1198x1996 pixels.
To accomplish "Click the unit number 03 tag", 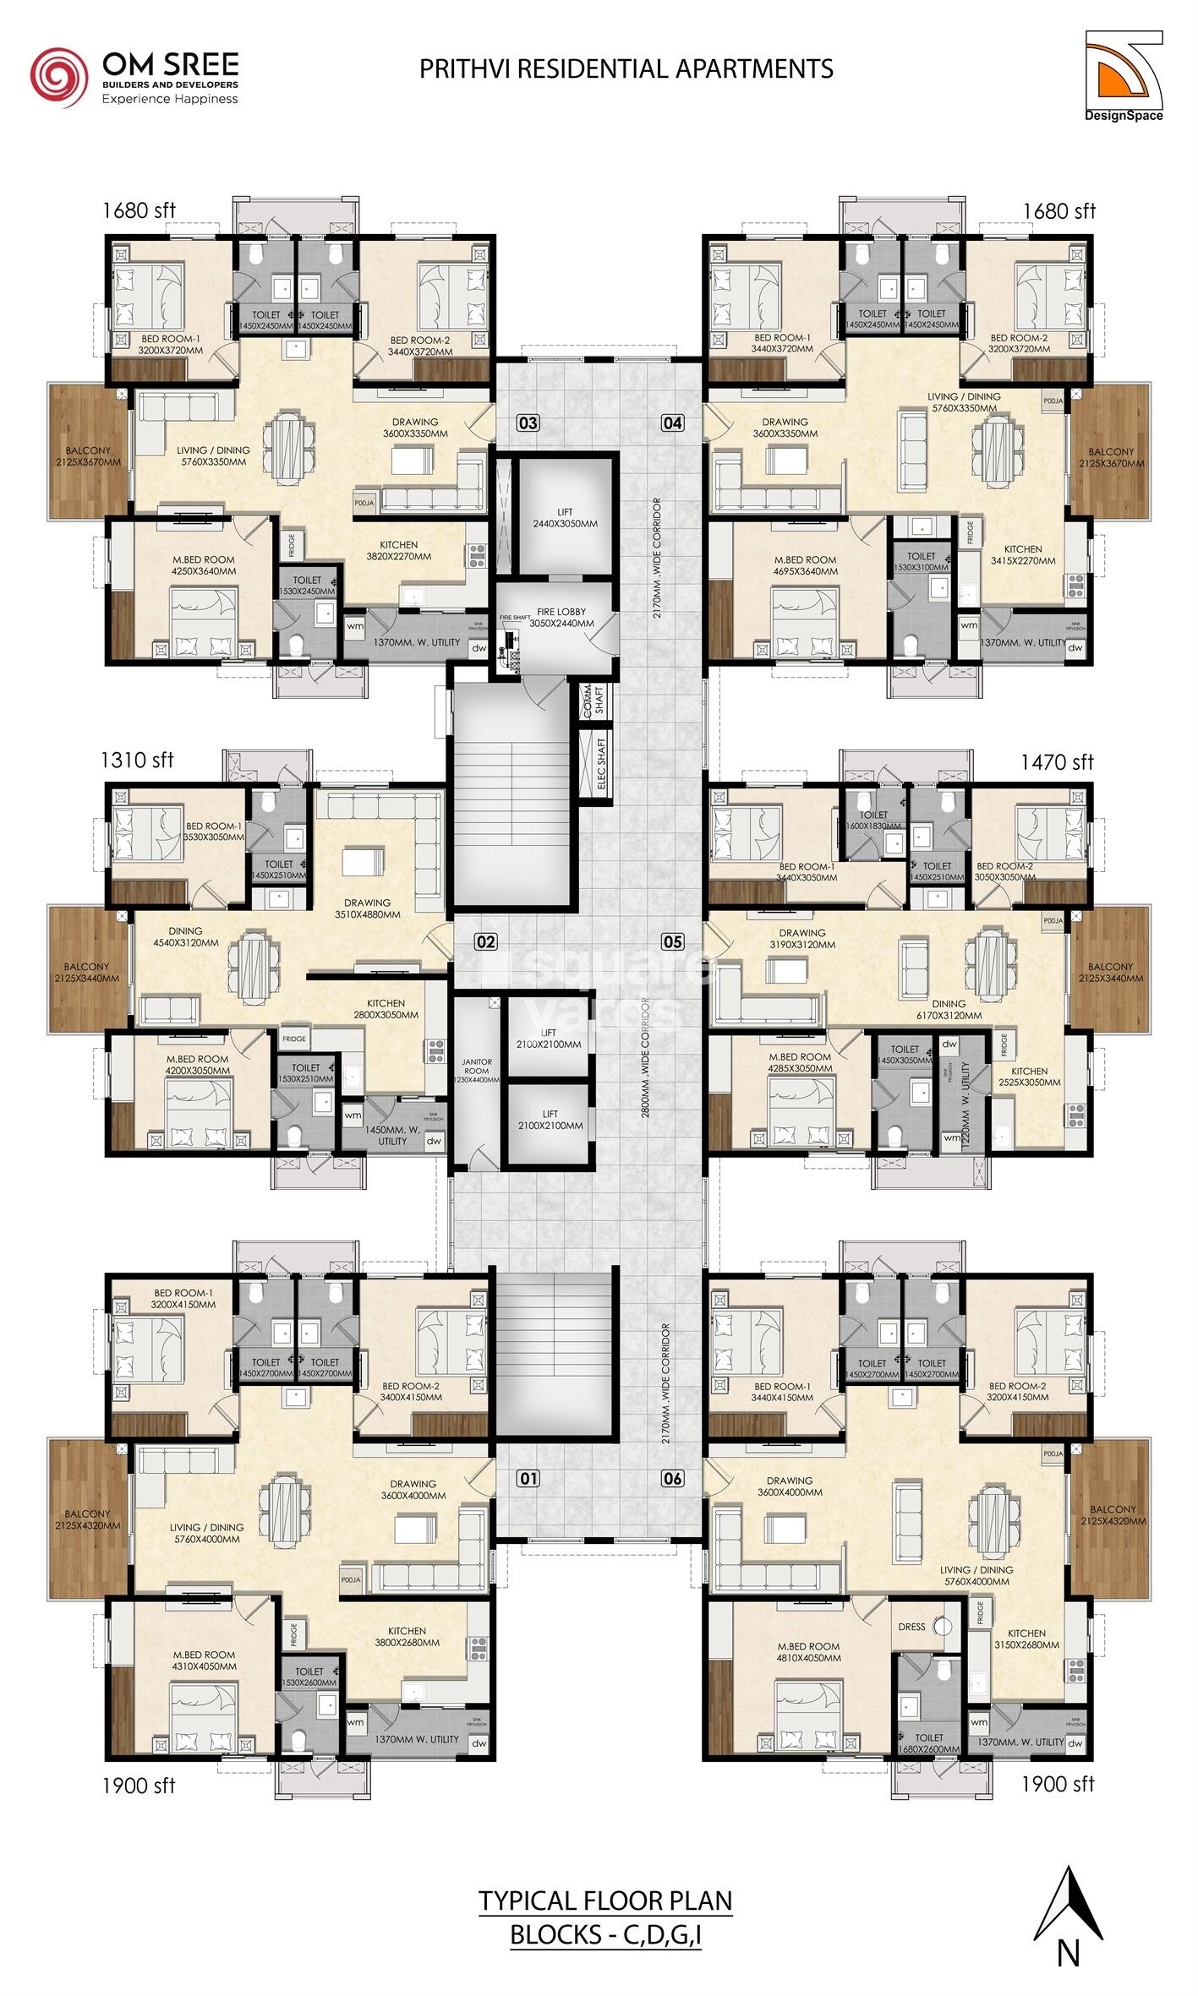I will point(528,423).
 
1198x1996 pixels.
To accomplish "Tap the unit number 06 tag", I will point(672,1479).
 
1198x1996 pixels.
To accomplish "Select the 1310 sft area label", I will point(138,760).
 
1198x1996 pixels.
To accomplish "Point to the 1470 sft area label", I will point(1057,761).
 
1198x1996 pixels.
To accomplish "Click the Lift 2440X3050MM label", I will point(566,518).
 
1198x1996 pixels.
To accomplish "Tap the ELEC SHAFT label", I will point(601,764).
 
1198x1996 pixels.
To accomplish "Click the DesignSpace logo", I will point(1124,76).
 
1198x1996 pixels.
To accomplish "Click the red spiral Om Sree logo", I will point(57,77).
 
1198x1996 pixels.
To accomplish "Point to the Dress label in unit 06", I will point(911,1627).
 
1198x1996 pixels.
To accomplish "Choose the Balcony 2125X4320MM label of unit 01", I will point(87,1519).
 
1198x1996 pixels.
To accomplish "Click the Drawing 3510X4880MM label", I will point(367,908).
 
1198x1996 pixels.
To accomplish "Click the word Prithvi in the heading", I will point(465,69).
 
